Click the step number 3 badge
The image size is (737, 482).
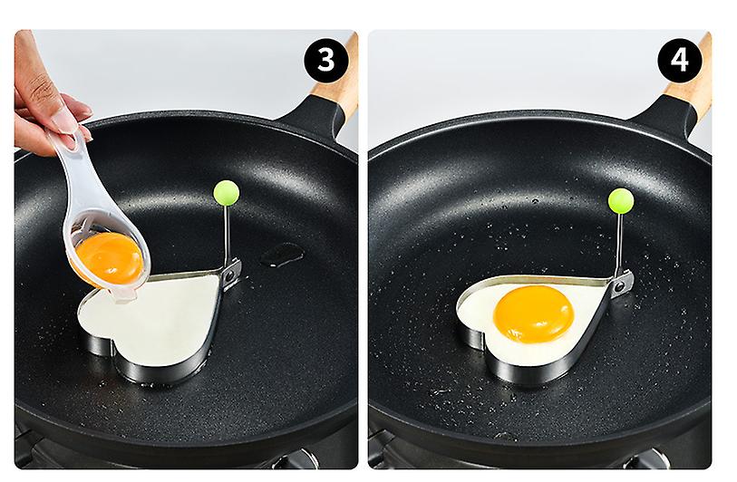[326, 60]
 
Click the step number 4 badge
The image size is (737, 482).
[679, 60]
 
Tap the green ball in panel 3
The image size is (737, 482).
[227, 193]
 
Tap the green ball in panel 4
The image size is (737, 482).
[621, 200]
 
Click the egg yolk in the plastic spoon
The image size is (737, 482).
[109, 258]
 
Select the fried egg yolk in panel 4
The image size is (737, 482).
[533, 313]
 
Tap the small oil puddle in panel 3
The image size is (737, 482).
[282, 255]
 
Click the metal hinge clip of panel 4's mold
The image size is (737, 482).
[623, 284]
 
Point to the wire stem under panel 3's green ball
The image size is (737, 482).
[227, 234]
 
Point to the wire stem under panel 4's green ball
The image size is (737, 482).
[620, 243]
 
